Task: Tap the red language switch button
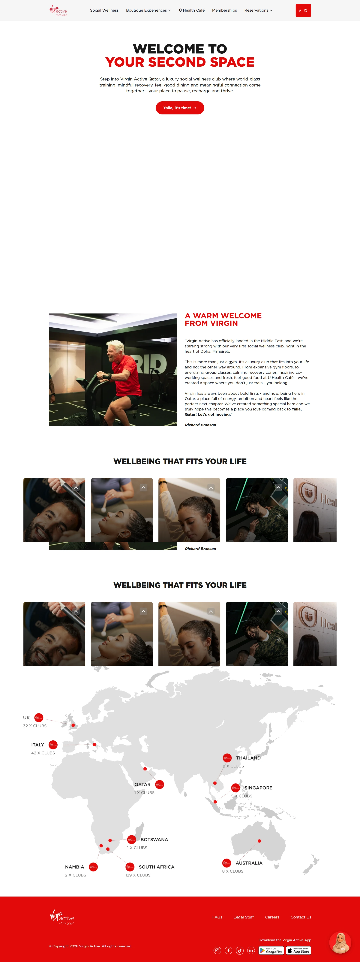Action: (303, 11)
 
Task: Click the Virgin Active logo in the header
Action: (58, 11)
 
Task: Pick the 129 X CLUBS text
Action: (138, 875)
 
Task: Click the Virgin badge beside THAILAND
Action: (227, 758)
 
